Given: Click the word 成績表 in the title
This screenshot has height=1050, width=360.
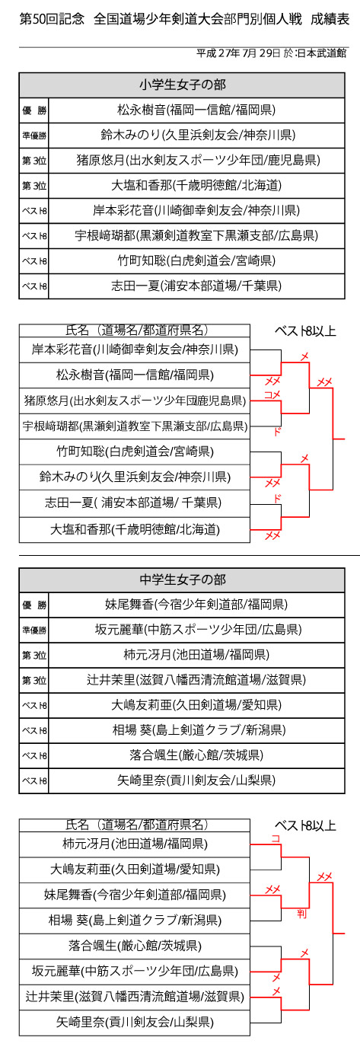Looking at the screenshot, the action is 330,19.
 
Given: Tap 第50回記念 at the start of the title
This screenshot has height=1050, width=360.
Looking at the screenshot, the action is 52,19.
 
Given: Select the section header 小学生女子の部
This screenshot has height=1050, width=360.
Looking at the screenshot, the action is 182,85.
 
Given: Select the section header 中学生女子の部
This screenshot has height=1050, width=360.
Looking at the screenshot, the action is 182,580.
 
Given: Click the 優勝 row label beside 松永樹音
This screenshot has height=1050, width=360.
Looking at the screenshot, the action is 34,110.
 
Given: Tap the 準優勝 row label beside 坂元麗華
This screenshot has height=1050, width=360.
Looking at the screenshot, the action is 34,630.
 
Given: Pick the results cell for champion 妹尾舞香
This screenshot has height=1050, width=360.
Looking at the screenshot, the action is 196,605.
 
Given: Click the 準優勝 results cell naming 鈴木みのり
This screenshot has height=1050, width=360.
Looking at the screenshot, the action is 196,136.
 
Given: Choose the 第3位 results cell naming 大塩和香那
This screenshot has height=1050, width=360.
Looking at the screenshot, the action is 196,186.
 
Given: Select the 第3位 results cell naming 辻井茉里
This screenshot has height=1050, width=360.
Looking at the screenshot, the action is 196,680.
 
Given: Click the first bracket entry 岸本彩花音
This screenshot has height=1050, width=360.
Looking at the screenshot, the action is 135,349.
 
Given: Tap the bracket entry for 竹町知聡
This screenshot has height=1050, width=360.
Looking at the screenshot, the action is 135,452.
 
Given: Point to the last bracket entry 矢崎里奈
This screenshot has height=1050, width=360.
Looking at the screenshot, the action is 135,1023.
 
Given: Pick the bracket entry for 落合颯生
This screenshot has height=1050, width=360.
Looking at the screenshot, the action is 135,946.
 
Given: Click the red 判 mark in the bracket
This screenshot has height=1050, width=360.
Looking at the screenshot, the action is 301,914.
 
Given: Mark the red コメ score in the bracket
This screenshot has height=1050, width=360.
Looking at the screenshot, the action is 272,394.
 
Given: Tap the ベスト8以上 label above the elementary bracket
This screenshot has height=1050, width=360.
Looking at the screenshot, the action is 305,331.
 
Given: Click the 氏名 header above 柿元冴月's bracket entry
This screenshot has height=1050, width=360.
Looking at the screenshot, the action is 76,825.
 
